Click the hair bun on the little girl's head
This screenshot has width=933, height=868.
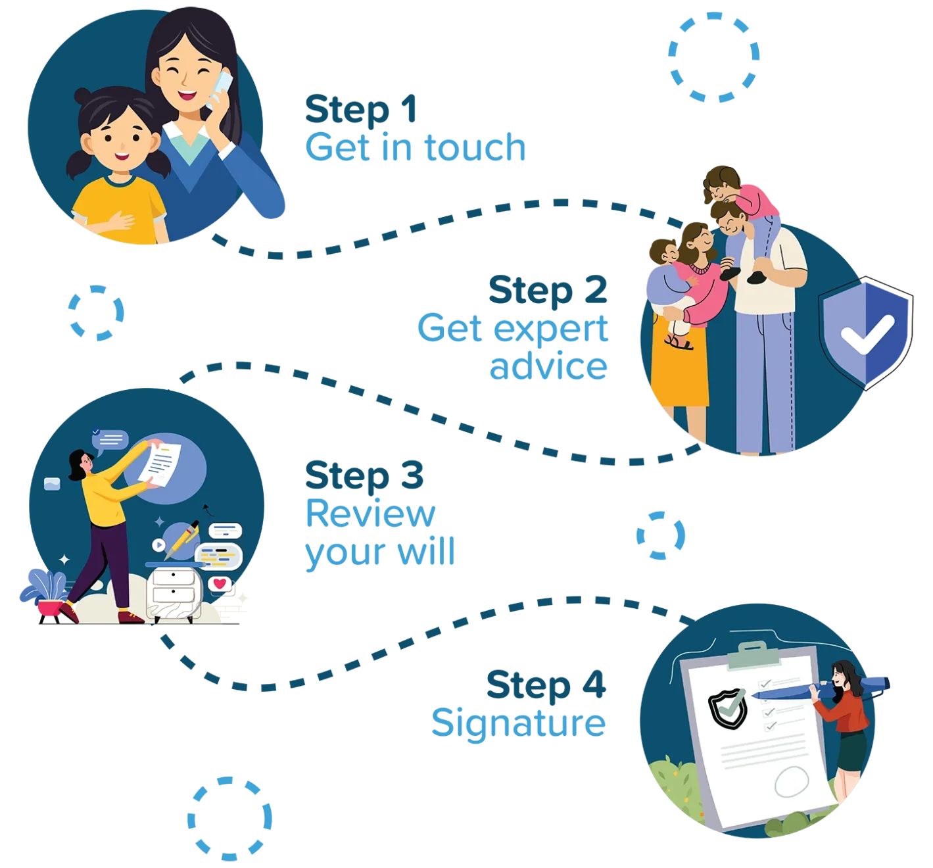click(x=83, y=97)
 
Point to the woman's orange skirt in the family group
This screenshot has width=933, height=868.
click(x=680, y=368)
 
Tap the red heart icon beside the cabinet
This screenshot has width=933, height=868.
click(x=220, y=584)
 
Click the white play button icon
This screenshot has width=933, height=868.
click(x=158, y=545)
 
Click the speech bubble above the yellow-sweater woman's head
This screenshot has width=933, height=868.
click(x=110, y=440)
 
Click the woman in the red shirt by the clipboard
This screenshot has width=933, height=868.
click(x=848, y=717)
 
